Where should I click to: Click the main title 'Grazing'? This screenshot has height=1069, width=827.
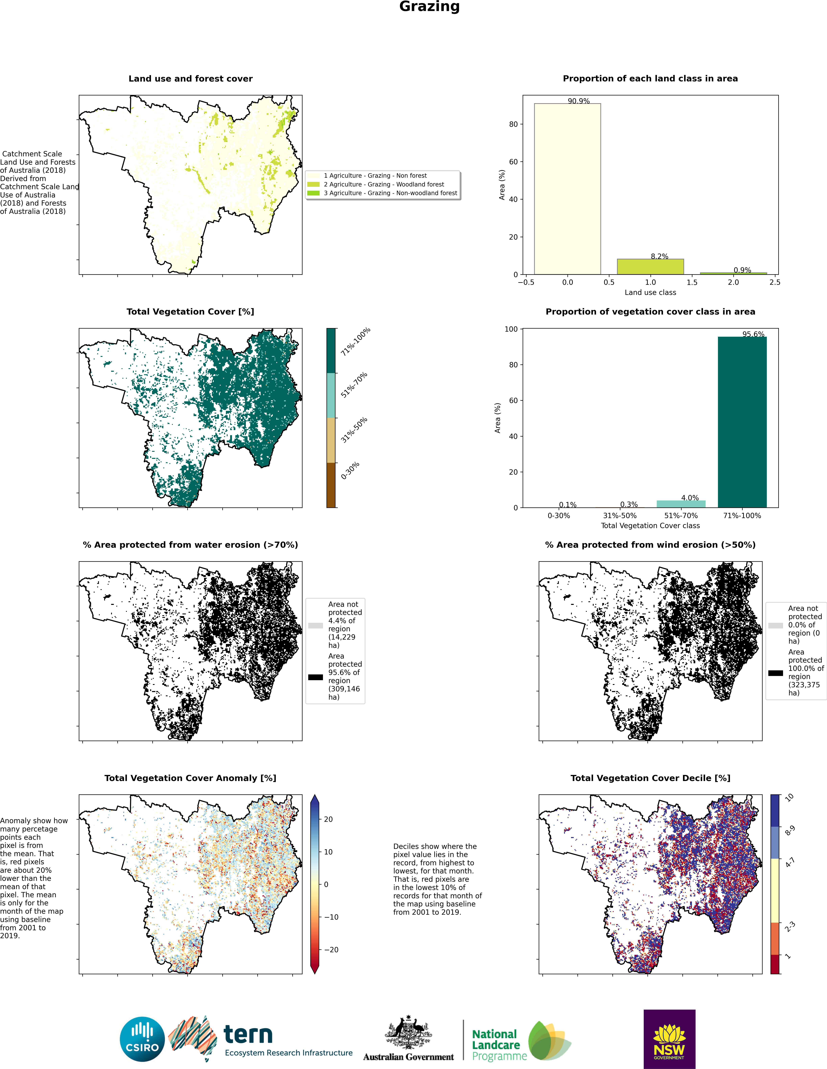[x=429, y=7]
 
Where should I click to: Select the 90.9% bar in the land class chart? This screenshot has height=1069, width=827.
[x=567, y=189]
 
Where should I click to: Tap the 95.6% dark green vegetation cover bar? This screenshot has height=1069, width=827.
[x=742, y=422]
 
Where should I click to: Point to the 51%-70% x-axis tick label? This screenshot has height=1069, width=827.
[x=681, y=515]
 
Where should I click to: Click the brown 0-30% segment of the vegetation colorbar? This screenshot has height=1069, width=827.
[x=331, y=485]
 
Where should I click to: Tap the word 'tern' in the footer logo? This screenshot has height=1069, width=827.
[x=248, y=1035]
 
